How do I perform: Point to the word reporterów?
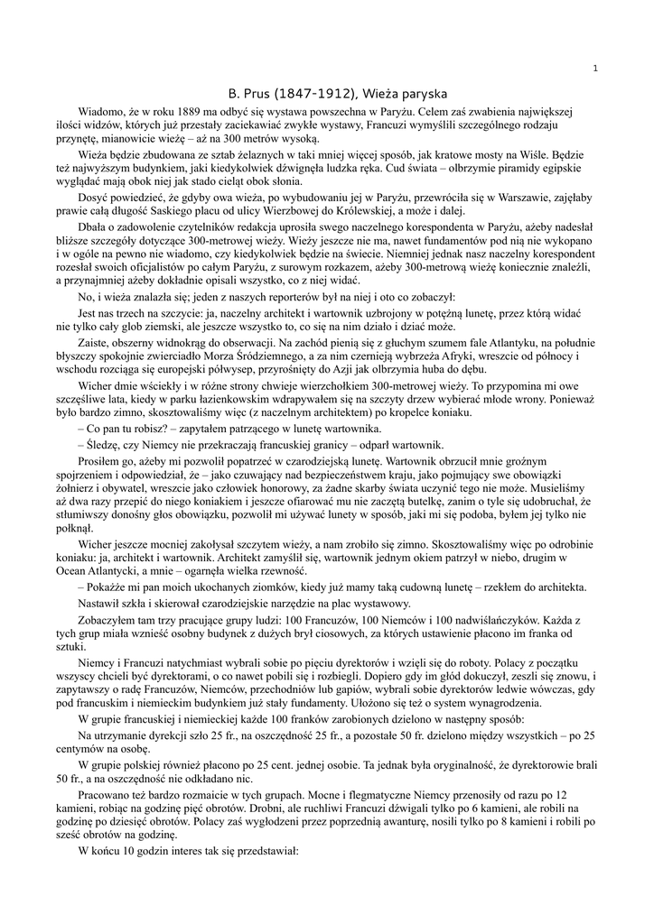pyautogui.click(x=315, y=297)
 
